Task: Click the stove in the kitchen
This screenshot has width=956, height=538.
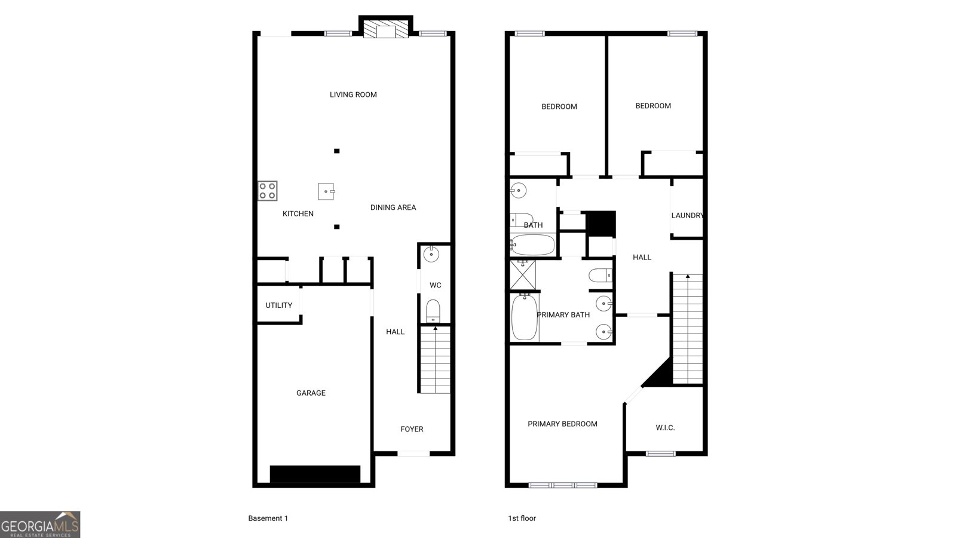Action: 268,191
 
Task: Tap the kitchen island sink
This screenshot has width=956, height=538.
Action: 326,191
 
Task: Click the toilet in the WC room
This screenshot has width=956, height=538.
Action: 433,311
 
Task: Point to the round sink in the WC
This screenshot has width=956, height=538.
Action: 431,254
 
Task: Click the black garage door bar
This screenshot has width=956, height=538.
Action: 315,475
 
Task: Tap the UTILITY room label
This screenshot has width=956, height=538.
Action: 278,305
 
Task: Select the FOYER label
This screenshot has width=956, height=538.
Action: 412,429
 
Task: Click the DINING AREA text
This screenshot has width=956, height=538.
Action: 393,207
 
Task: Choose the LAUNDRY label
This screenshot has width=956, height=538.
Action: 687,216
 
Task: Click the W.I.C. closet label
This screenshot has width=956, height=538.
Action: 666,428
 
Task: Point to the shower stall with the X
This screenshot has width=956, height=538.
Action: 523,274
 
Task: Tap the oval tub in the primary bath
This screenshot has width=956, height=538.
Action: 525,317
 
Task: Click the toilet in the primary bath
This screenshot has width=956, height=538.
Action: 600,276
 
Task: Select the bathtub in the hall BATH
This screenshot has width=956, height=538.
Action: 532,244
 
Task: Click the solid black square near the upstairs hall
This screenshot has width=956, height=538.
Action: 602,224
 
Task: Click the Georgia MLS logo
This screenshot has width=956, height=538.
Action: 40,524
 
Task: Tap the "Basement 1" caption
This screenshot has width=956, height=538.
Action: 268,518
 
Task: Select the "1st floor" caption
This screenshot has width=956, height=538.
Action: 522,518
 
